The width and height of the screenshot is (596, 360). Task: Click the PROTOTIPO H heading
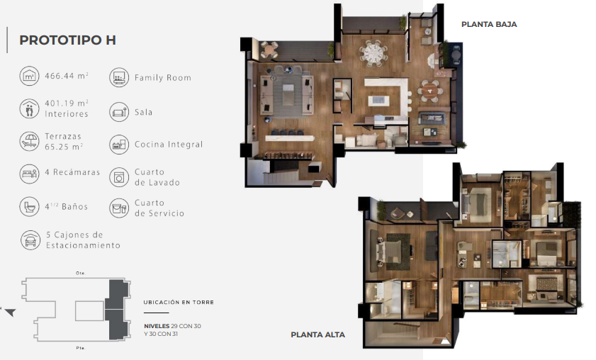click(67, 40)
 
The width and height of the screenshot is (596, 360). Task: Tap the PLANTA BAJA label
click(489, 24)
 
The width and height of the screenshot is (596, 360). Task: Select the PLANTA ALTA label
click(317, 334)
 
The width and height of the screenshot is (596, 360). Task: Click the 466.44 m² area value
click(67, 76)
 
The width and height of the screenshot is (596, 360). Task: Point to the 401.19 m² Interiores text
click(67, 108)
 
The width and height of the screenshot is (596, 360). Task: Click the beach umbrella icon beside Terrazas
click(29, 141)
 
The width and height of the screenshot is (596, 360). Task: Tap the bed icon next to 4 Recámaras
click(29, 174)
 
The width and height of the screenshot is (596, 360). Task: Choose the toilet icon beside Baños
click(29, 207)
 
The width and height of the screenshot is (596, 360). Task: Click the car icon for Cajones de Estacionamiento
click(30, 240)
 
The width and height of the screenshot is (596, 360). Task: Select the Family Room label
click(163, 77)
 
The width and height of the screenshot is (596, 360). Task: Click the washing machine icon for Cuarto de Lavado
click(119, 177)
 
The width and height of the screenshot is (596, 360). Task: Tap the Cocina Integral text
click(169, 145)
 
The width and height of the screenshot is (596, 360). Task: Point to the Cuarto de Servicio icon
click(119, 208)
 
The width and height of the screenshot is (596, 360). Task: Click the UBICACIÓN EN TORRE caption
click(179, 302)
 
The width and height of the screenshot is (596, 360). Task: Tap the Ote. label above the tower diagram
click(81, 273)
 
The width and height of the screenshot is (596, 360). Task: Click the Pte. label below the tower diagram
click(81, 348)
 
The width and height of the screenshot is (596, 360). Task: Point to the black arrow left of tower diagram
click(10, 312)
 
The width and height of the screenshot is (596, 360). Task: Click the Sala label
click(143, 112)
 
